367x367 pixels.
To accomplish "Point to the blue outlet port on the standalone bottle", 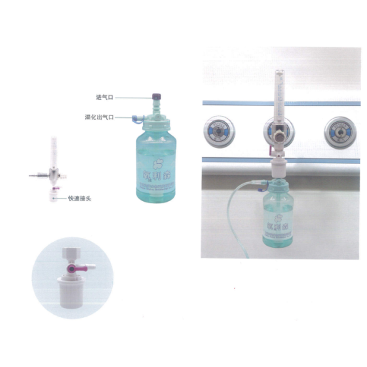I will tap(134, 119).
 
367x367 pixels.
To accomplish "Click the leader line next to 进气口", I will tap(134, 97).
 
